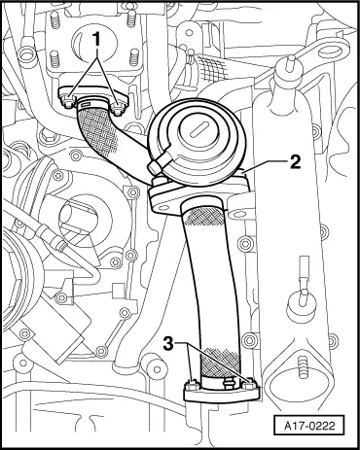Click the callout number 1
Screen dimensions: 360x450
pyautogui.click(x=96, y=41)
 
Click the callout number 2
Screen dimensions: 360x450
pyautogui.click(x=295, y=162)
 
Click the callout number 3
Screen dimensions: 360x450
pyautogui.click(x=168, y=344)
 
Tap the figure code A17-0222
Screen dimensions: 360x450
pyautogui.click(x=309, y=425)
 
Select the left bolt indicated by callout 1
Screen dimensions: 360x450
pyautogui.click(x=67, y=99)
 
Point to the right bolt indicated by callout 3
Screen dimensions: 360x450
pyautogui.click(x=249, y=385)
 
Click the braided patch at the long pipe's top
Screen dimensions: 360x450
pyautogui.click(x=203, y=215)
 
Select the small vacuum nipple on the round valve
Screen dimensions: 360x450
pyautogui.click(x=155, y=167)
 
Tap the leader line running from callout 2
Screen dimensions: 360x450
pyautogui.click(x=266, y=166)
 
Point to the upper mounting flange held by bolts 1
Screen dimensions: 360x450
pyautogui.click(x=94, y=96)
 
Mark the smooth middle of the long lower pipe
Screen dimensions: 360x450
pyautogui.click(x=217, y=285)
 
